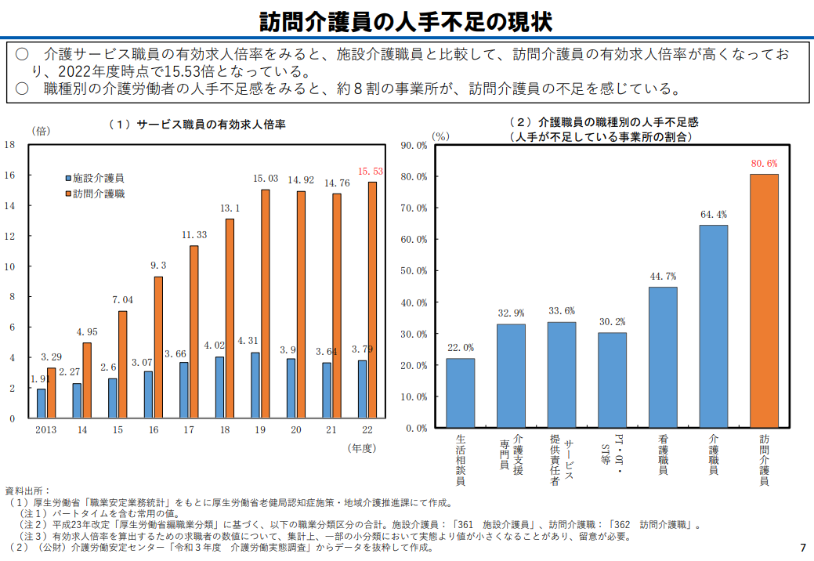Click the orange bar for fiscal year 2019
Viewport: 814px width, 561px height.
[266, 303]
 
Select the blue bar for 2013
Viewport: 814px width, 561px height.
[41, 404]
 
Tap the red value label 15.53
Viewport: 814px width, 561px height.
[370, 172]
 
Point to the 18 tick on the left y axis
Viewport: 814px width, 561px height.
[10, 144]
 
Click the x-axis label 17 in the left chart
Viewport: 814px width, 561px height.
[189, 429]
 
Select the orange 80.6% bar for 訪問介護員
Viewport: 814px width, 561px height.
[764, 301]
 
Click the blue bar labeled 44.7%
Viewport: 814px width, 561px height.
[663, 357]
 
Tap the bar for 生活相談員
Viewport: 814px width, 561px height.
[461, 393]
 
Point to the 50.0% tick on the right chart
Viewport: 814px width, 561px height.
[414, 271]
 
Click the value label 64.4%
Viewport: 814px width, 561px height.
[714, 215]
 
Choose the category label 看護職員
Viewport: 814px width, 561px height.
[663, 454]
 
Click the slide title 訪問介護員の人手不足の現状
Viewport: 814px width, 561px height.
[406, 22]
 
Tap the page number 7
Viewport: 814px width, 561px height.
[803, 548]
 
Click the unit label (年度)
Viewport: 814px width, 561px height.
[362, 448]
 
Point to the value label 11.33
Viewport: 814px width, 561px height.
[194, 235]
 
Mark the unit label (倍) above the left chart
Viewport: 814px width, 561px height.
[41, 131]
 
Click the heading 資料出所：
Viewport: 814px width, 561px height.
[27, 491]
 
